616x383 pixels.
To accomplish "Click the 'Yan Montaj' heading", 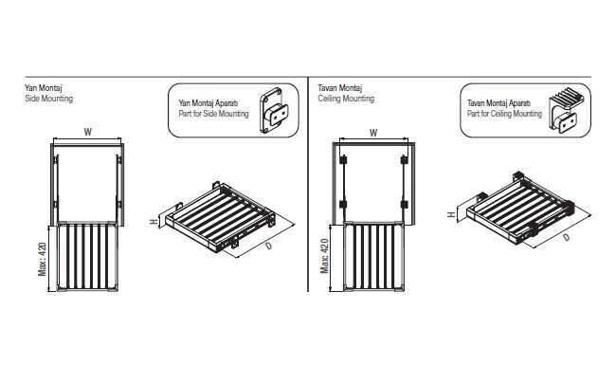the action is pyautogui.click(x=44, y=87).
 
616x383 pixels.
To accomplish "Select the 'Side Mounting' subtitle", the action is pyautogui.click(x=48, y=99).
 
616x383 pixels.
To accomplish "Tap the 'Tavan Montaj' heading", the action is pyautogui.click(x=340, y=87).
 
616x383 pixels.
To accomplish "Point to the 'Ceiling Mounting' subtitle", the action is pyautogui.click(x=346, y=99).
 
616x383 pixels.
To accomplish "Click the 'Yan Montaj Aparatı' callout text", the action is pyautogui.click(x=208, y=103).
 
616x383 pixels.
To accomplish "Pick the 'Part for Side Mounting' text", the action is pyautogui.click(x=214, y=114).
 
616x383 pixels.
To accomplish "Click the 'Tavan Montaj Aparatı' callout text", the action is pyautogui.click(x=498, y=103).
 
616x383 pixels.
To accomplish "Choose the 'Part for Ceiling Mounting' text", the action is pyautogui.click(x=504, y=114).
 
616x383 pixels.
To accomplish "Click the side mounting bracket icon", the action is pyautogui.click(x=274, y=110).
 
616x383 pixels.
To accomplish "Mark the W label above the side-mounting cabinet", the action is pyautogui.click(x=87, y=132).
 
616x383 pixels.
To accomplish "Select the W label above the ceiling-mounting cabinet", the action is pyautogui.click(x=373, y=133).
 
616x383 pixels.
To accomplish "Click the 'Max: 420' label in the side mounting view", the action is pyautogui.click(x=42, y=259).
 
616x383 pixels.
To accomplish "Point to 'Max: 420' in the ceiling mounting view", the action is pyautogui.click(x=324, y=256).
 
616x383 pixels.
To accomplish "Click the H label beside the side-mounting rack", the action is pyautogui.click(x=154, y=222).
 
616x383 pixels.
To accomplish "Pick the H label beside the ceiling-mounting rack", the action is pyautogui.click(x=451, y=214).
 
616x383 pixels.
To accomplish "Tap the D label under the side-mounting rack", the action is pyautogui.click(x=269, y=246).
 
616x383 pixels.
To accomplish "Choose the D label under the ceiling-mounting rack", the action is pyautogui.click(x=566, y=237).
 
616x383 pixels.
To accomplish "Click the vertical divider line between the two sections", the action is pyautogui.click(x=308, y=184).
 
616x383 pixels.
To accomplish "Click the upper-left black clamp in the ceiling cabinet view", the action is pyautogui.click(x=343, y=160).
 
